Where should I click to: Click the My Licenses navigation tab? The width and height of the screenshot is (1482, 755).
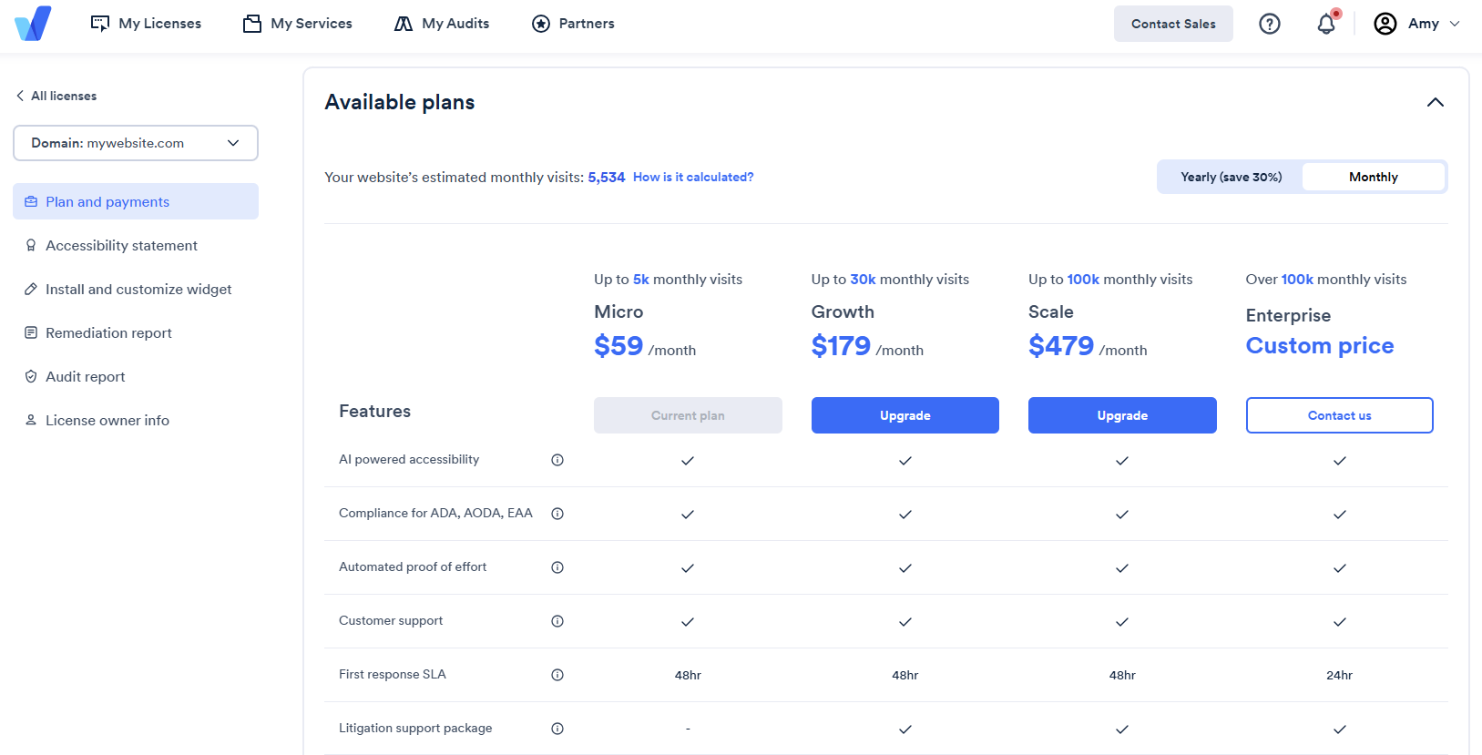coord(146,24)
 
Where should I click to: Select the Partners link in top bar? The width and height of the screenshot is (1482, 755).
coord(573,24)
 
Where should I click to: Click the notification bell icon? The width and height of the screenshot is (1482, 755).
coord(1326,24)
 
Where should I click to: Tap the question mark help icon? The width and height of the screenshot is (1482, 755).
coord(1270,24)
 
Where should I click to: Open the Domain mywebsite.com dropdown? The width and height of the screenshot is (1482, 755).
coord(136,143)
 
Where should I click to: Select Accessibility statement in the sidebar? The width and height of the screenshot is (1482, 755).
coord(121,246)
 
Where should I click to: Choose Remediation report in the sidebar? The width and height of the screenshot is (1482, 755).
coord(108,333)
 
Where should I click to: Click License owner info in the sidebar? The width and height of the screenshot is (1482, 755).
coord(107,421)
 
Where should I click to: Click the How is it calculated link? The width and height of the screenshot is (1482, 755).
coord(693,178)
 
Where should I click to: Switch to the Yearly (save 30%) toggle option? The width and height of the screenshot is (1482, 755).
coord(1231,178)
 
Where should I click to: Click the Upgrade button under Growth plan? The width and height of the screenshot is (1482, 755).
coord(905,415)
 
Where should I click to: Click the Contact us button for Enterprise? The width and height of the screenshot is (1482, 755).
coord(1339,415)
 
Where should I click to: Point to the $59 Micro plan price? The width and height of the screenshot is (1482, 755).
coord(618,346)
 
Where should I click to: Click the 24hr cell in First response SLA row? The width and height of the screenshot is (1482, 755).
coord(1339,676)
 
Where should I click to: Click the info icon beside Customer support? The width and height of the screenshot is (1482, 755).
coord(557,621)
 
